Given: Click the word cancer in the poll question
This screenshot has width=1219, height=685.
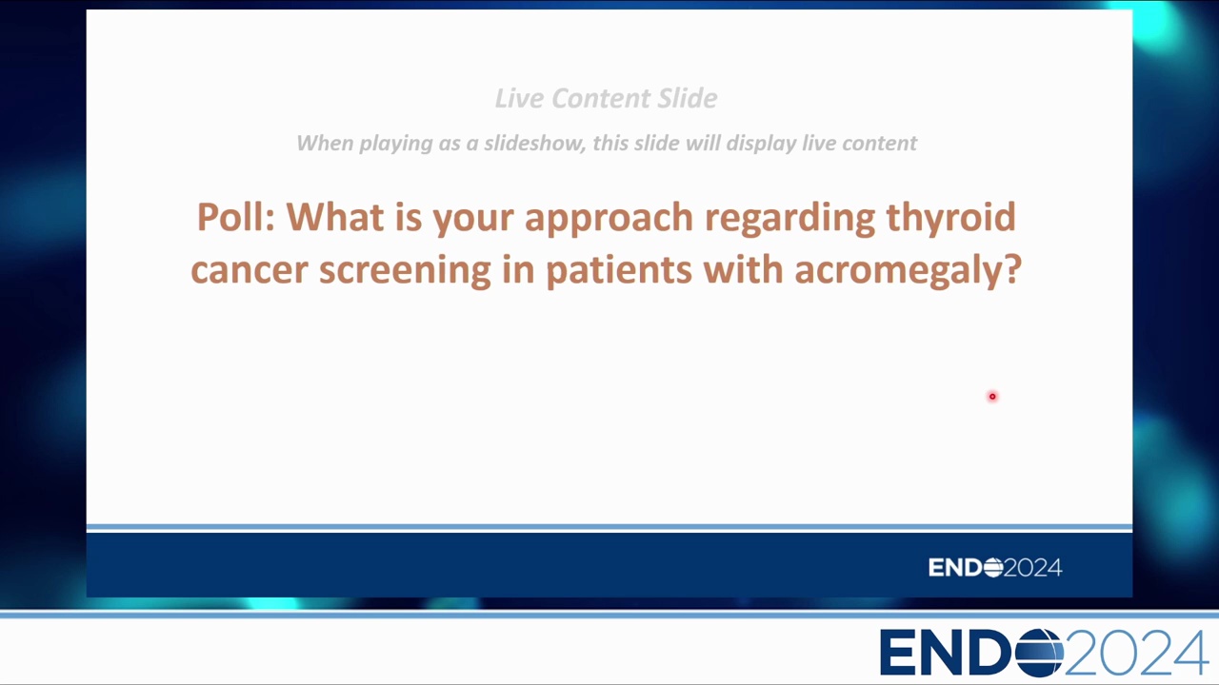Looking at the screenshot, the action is (x=250, y=271).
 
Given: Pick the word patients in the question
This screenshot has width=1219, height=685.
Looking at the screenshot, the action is (x=619, y=271).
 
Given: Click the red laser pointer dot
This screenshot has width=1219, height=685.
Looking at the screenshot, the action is (x=992, y=397).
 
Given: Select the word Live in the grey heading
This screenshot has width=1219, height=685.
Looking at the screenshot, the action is (x=518, y=98).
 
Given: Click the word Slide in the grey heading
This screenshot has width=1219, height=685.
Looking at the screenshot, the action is (x=688, y=98).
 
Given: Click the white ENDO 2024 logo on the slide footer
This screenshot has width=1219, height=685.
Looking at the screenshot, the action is (x=995, y=568).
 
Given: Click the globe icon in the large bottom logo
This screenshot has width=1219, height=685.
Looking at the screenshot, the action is (x=1039, y=653).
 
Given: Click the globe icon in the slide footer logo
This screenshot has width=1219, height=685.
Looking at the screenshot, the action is (x=993, y=568).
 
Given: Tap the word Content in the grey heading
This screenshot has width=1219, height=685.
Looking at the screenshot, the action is (x=600, y=98).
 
